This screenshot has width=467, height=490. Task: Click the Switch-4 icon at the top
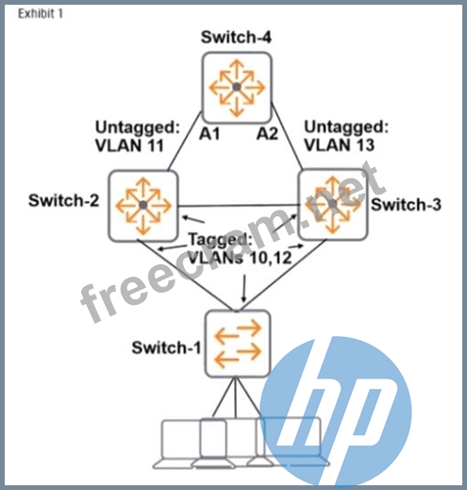click(237, 87)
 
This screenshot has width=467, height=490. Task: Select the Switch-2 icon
click(143, 206)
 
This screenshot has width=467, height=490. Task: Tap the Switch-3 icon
click(333, 205)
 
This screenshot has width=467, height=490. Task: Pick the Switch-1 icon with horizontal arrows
click(238, 344)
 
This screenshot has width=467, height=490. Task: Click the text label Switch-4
click(236, 37)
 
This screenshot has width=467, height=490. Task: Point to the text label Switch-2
click(63, 200)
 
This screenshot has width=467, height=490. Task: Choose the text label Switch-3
click(406, 205)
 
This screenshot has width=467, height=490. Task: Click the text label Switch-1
click(166, 347)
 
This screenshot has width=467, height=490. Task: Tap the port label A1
click(209, 134)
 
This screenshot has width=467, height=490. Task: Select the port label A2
click(267, 134)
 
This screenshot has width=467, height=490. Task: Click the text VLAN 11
click(129, 145)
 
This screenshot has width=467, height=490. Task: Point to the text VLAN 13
click(340, 145)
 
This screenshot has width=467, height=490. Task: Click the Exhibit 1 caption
click(41, 13)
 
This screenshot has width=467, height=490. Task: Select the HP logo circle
click(336, 413)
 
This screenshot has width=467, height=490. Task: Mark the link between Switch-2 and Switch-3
click(238, 206)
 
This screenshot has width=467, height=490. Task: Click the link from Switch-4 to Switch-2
click(185, 141)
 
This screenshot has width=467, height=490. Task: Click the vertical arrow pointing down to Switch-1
click(243, 288)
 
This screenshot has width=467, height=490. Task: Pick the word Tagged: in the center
click(220, 241)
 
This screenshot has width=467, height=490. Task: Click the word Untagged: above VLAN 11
click(138, 128)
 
